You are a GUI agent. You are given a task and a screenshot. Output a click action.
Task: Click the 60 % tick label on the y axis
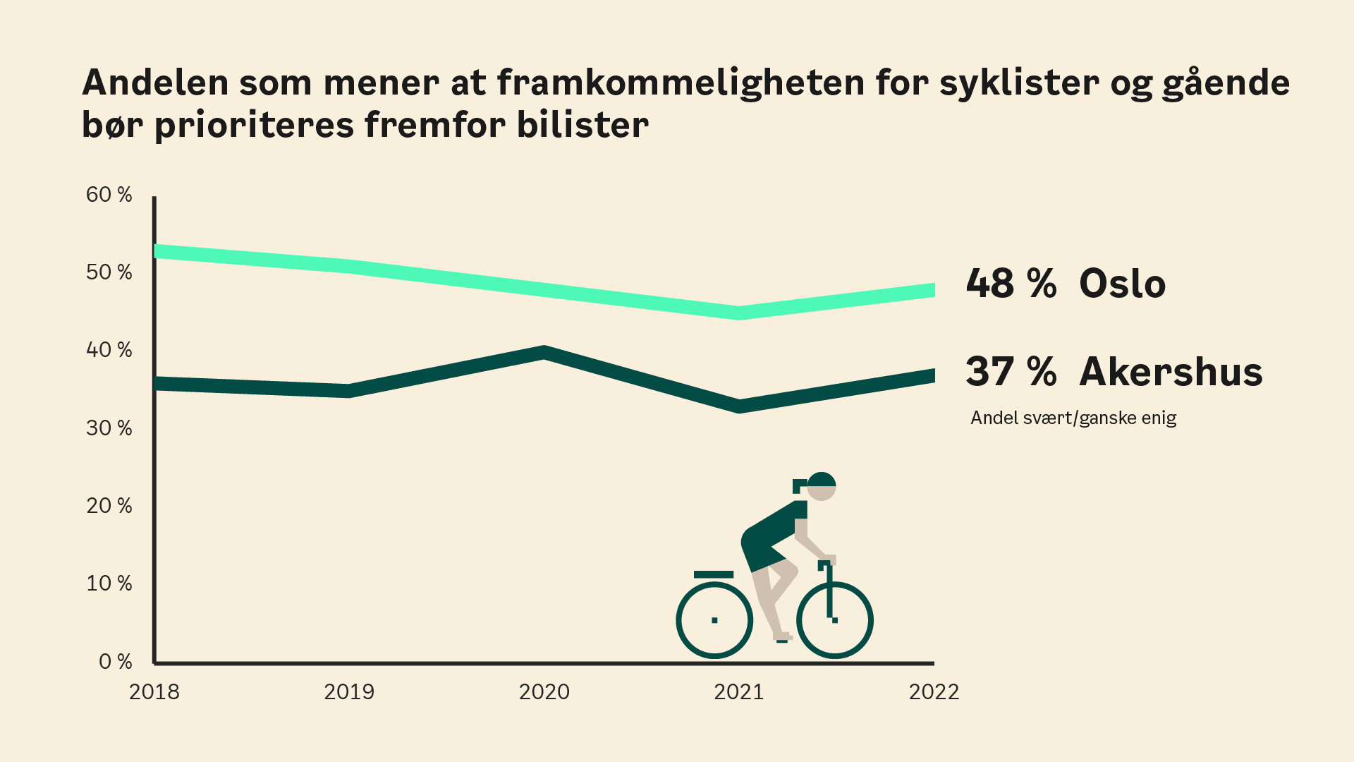[109, 195]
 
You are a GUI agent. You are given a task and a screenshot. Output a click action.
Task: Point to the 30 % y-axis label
[109, 428]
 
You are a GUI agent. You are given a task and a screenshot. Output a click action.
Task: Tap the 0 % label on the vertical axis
[115, 662]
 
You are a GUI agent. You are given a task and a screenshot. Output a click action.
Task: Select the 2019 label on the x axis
[349, 692]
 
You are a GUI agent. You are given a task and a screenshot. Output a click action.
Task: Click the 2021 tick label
[739, 692]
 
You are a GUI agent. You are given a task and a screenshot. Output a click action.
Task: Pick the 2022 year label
[934, 692]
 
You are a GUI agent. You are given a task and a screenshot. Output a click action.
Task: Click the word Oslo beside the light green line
[1122, 284]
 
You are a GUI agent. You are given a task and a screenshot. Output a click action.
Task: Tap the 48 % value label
[1011, 284]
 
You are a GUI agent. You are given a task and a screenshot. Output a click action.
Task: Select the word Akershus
[1171, 372]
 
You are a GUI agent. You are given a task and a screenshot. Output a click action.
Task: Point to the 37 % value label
[1011, 372]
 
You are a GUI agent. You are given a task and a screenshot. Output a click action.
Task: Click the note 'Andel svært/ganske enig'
[1073, 418]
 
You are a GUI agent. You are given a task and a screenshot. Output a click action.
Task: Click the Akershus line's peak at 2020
[544, 353]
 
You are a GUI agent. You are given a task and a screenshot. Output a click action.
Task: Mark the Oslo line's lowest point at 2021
[739, 313]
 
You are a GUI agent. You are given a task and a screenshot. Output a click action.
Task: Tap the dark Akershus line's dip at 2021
[739, 406]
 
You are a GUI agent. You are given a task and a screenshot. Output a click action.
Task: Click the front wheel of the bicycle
[835, 620]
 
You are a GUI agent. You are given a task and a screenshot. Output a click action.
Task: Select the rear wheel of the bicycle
[714, 620]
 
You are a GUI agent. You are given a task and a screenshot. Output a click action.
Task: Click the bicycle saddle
[714, 574]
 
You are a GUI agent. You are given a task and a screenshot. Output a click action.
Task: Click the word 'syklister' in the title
[1019, 83]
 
